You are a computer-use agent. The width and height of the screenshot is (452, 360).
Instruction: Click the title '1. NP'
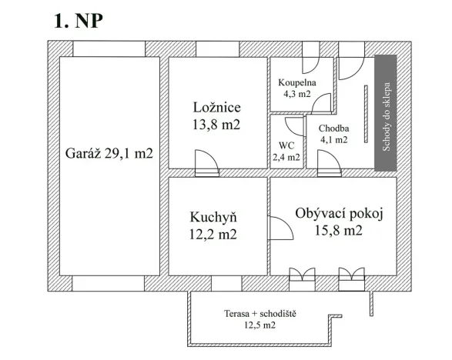(x=77, y=21)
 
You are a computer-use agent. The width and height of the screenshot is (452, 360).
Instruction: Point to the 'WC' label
(x=286, y=144)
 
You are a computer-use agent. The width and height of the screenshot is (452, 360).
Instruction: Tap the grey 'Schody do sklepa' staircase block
(x=385, y=113)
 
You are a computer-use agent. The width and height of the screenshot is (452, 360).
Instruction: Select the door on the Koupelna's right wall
(x=326, y=101)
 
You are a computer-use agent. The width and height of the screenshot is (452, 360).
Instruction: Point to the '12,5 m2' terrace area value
(x=259, y=326)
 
